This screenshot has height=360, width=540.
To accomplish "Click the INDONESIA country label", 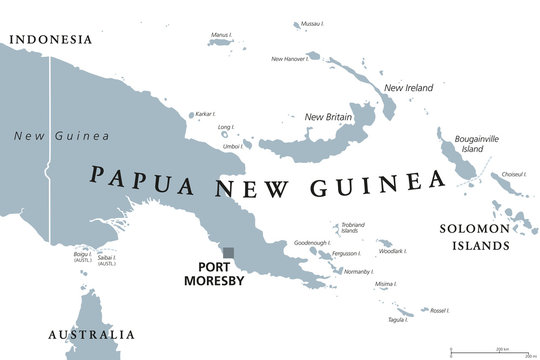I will (49, 40).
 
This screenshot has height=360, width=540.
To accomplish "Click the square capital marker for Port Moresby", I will (229, 253).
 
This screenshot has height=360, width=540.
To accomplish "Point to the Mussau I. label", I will (311, 22).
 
